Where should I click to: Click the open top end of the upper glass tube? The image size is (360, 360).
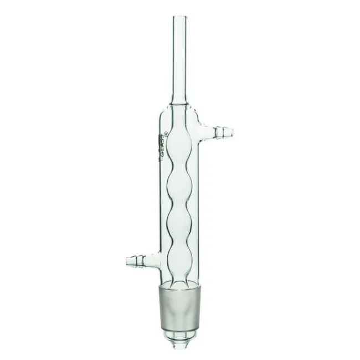pos(179,17)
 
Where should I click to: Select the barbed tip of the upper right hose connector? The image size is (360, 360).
pos(228,132)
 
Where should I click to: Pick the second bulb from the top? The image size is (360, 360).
pos(179,186)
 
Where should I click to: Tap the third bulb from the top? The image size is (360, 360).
pos(179,225)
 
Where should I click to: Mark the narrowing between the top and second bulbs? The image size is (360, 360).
pos(179,165)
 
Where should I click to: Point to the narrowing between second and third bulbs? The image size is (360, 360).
pos(179,205)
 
